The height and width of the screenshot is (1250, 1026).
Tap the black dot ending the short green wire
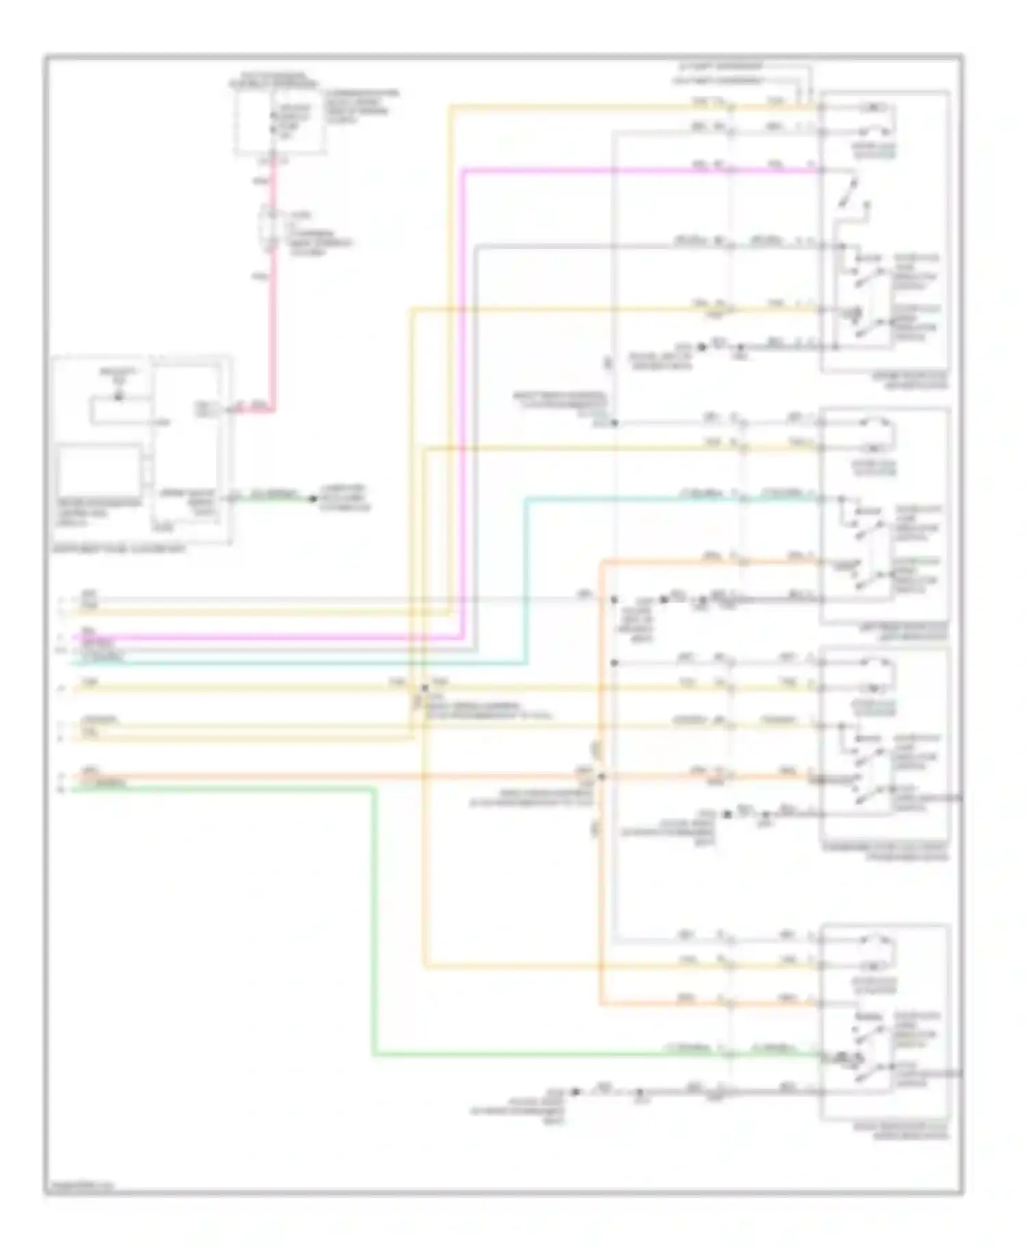click(x=313, y=498)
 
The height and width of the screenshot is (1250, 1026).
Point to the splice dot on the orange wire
click(x=601, y=776)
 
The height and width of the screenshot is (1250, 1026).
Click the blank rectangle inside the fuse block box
click(x=100, y=472)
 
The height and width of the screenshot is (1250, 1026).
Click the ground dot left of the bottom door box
click(x=576, y=1092)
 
